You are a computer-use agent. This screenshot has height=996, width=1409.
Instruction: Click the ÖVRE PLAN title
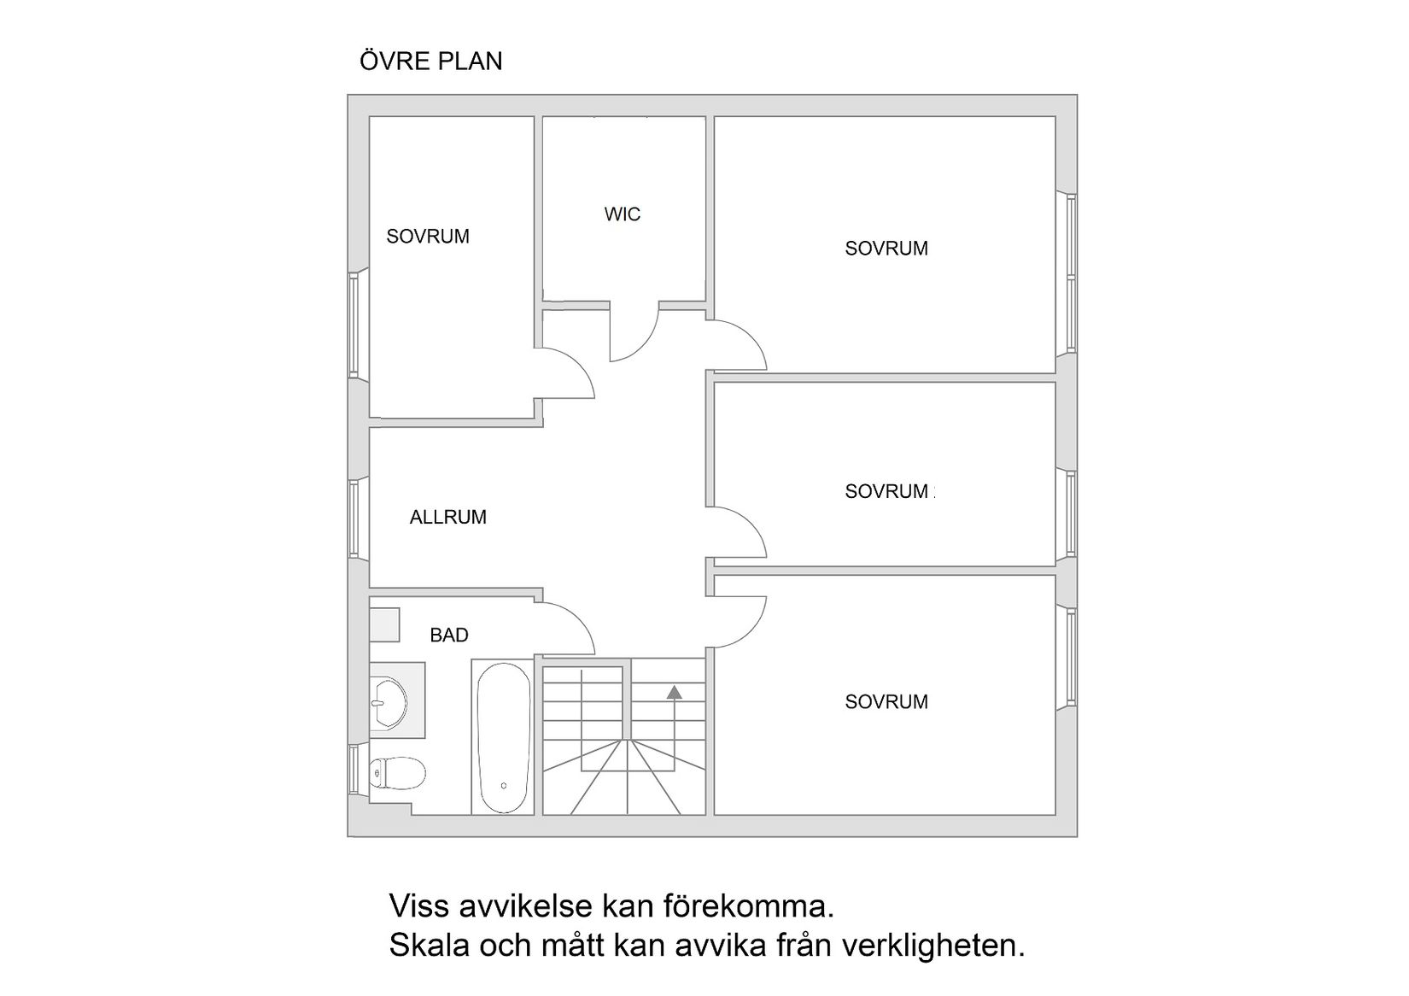click(430, 62)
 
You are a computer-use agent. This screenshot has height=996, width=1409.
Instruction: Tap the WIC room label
click(622, 214)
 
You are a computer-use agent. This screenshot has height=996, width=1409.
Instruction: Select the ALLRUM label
click(447, 517)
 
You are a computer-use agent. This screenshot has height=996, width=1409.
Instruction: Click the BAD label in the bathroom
click(448, 636)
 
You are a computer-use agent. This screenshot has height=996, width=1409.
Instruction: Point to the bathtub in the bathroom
click(504, 739)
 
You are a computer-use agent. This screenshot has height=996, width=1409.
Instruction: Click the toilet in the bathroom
click(397, 774)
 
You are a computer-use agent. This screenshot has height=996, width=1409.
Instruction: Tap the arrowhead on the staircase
click(675, 693)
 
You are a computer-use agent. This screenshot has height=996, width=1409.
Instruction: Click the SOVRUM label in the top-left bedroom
click(427, 237)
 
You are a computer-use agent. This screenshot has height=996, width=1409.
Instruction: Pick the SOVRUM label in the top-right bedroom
click(886, 249)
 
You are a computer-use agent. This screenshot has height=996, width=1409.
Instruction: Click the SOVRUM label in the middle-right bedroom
click(886, 491)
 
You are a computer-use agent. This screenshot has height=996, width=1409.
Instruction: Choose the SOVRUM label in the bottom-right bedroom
click(886, 702)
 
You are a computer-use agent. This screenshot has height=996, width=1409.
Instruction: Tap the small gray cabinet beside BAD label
click(384, 624)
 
